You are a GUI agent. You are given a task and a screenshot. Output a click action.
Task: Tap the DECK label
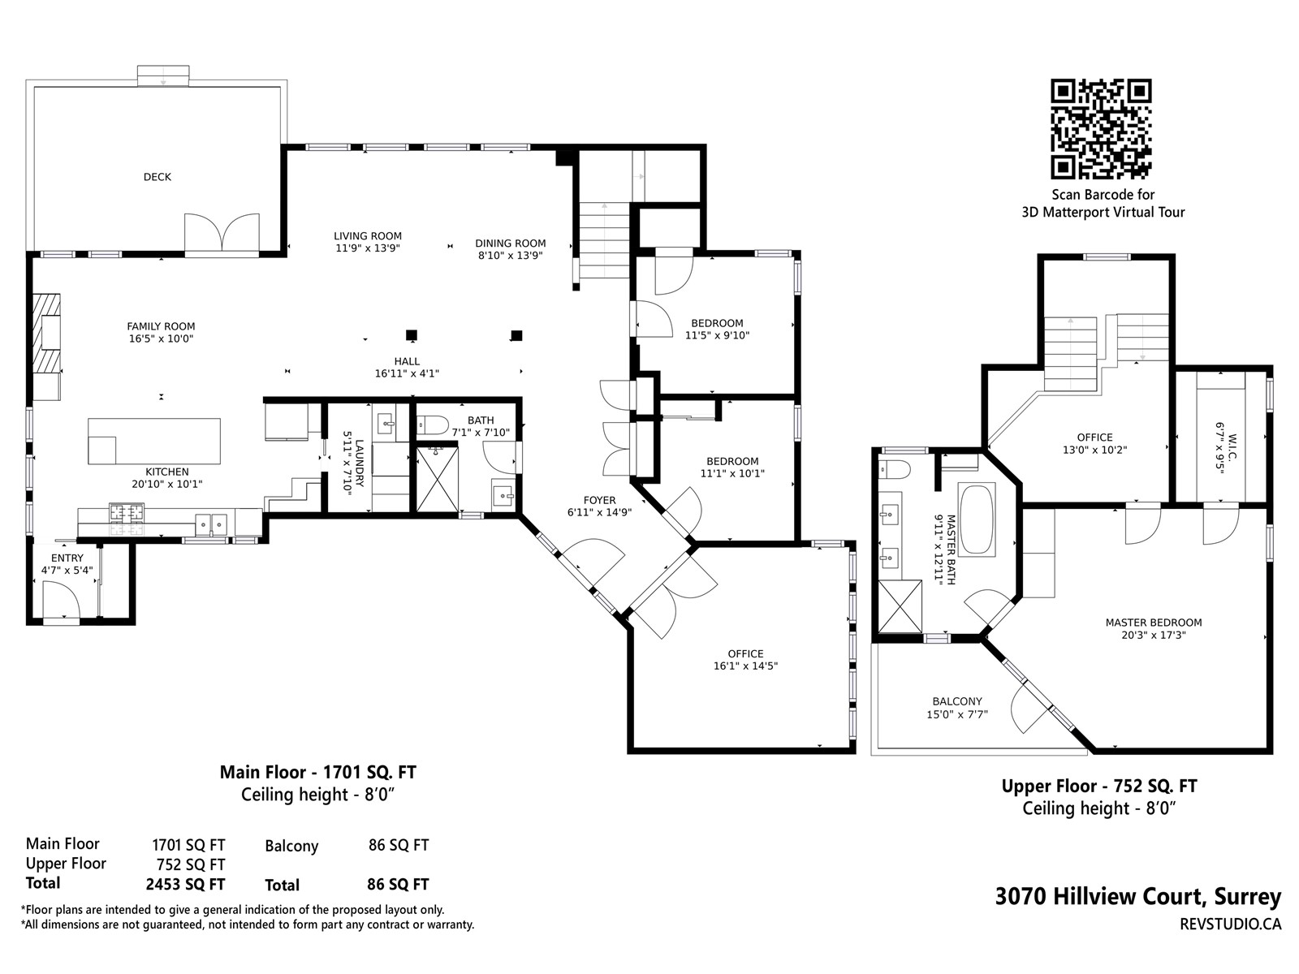[158, 177]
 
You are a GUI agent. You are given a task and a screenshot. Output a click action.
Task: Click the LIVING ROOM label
[368, 236]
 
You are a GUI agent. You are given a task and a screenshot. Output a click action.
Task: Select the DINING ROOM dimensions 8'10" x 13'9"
[510, 256]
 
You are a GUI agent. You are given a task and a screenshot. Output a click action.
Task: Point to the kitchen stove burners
[127, 511]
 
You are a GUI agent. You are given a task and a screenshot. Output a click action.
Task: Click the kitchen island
[154, 442]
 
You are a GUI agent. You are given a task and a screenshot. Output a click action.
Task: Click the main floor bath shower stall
[438, 479]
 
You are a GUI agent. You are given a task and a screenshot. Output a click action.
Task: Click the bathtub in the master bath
[977, 519]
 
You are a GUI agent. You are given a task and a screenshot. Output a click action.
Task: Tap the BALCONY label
[957, 701]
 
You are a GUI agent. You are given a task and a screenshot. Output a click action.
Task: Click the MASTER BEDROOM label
[1154, 622]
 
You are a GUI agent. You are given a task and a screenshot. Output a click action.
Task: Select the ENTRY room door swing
[61, 600]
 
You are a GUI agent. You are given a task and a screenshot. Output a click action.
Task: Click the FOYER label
[599, 500]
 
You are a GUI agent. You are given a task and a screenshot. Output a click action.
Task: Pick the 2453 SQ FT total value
[185, 884]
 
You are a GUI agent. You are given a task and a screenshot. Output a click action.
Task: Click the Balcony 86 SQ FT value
[399, 845]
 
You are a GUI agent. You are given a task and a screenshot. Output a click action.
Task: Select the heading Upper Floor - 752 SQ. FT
[1099, 786]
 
